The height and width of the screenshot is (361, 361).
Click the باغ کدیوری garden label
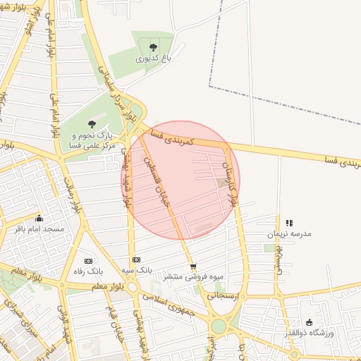(153, 60)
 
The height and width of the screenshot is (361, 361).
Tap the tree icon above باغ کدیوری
(153, 48)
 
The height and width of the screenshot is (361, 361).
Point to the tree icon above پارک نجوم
(92, 124)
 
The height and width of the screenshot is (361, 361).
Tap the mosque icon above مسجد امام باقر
(39, 218)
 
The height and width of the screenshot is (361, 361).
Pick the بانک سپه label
(137, 270)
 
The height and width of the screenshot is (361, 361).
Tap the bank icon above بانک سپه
(136, 259)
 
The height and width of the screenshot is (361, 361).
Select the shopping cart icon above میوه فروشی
(192, 267)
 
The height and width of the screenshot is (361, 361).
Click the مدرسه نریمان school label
(289, 233)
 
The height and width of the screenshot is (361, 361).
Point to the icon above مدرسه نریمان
(289, 223)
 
